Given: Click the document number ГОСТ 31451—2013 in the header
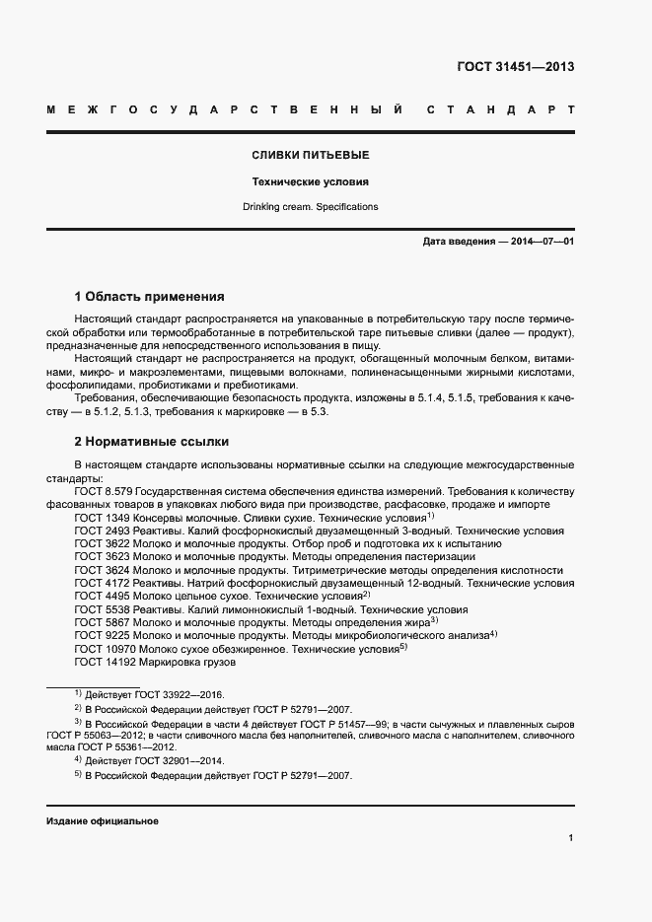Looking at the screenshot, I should (x=515, y=68).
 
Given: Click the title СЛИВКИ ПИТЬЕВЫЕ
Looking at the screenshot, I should (x=310, y=156).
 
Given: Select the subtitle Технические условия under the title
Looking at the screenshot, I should (x=310, y=181).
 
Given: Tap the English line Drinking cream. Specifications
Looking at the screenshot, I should (x=310, y=207).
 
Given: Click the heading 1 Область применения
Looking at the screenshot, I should (x=150, y=296).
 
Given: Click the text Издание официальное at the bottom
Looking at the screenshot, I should (x=103, y=820).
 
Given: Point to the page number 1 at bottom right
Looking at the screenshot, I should (x=571, y=838).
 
